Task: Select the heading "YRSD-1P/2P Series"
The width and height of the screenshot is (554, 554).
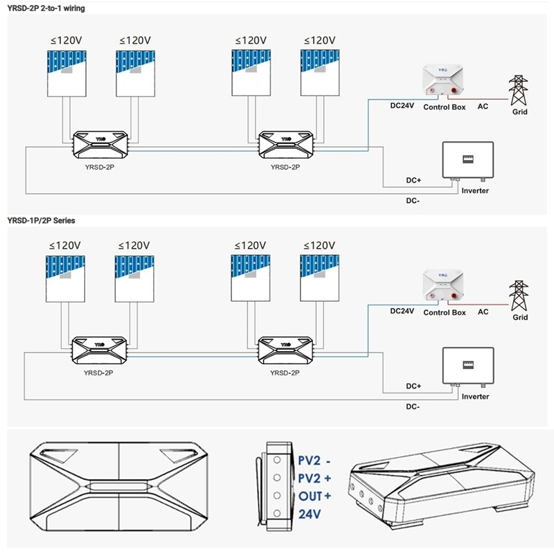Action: (41, 220)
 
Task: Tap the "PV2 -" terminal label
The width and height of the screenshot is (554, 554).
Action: (314, 461)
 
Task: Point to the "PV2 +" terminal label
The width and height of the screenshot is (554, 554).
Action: (314, 479)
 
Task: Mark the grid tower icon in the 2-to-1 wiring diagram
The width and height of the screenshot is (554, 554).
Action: (518, 91)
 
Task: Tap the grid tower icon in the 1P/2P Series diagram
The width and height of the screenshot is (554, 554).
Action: (518, 296)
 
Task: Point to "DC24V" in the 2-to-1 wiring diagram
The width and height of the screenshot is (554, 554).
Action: (402, 106)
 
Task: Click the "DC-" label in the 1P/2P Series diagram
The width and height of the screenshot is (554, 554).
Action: (413, 406)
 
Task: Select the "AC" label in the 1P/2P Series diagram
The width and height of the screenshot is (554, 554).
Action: (483, 312)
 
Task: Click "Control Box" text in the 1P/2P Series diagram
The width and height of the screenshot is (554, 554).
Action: (444, 313)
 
